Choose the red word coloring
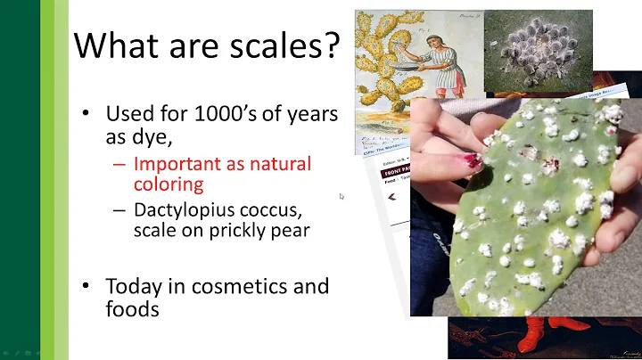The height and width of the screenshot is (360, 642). (x=169, y=185)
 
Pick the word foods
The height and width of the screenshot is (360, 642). (x=132, y=309)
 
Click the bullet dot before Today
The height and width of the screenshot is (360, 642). (x=86, y=288)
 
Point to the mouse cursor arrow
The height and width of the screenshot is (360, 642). (x=342, y=196)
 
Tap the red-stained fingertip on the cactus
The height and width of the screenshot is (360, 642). (x=471, y=160)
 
